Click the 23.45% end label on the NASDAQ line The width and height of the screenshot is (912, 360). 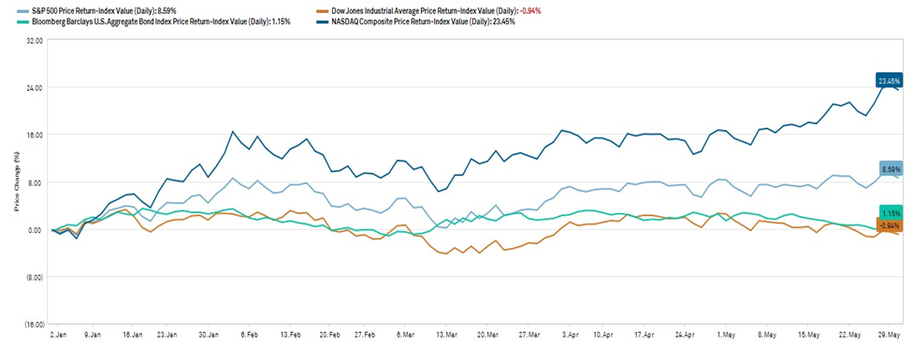(x=889, y=80)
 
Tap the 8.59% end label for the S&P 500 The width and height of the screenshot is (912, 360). (x=890, y=168)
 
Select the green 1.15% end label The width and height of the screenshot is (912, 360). (x=890, y=213)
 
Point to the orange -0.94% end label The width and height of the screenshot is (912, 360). (x=890, y=225)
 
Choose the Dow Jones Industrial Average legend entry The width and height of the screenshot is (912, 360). (x=445, y=10)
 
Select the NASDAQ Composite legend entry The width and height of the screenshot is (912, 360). (x=416, y=22)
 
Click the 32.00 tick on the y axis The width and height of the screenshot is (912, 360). (x=35, y=41)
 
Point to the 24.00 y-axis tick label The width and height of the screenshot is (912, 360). (x=35, y=88)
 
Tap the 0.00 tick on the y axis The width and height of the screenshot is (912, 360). (x=36, y=230)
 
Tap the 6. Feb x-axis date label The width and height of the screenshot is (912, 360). (x=249, y=336)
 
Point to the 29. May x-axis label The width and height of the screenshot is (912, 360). (x=890, y=336)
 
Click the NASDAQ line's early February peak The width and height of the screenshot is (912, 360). (x=233, y=132)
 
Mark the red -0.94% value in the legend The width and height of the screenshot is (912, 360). (x=529, y=10)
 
